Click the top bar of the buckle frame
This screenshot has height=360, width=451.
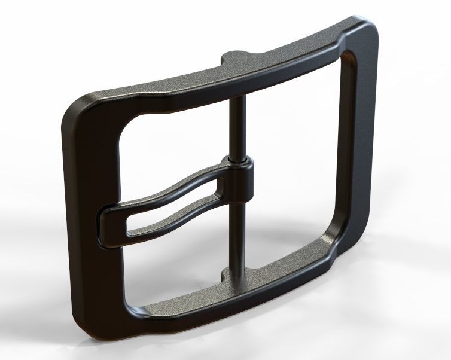click(x=281, y=66)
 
